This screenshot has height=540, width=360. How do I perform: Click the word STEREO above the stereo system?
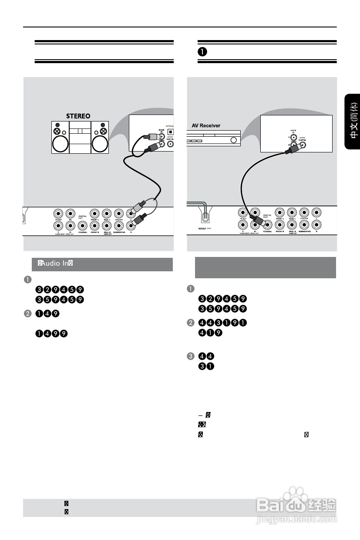click(x=78, y=116)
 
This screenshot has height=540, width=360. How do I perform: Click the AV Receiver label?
click(x=206, y=125)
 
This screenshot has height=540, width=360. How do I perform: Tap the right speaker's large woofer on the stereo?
click(x=100, y=144)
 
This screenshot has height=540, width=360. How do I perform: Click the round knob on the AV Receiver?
click(x=234, y=141)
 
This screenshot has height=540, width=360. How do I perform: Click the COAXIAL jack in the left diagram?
click(x=82, y=225)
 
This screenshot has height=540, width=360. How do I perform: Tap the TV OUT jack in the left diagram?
click(x=57, y=214)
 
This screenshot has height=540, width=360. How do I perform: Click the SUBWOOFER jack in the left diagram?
click(x=118, y=225)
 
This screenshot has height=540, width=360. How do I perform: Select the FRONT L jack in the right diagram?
click(x=280, y=213)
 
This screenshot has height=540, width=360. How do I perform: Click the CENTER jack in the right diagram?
click(x=304, y=213)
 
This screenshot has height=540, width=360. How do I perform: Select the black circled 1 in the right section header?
click(x=202, y=51)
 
